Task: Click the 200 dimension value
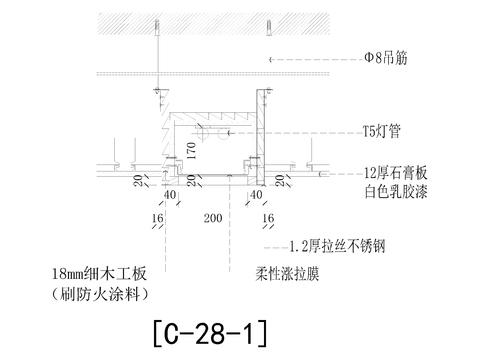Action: tap(212, 216)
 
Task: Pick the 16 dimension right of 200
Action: tap(268, 216)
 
